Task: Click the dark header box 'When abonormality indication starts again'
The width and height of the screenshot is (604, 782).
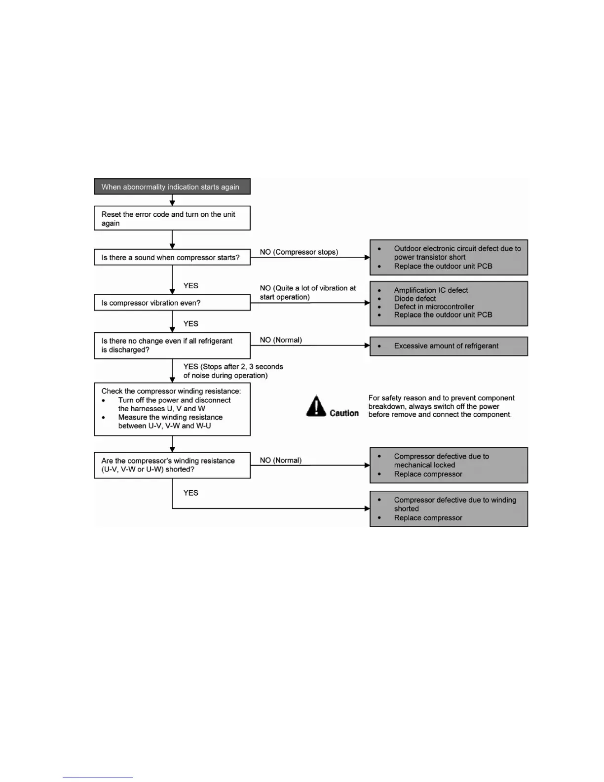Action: (172, 187)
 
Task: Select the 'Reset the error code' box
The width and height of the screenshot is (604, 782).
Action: (172, 218)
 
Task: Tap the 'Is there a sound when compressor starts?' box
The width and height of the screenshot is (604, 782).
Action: (172, 257)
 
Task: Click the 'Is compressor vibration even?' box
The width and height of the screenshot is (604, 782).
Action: (172, 303)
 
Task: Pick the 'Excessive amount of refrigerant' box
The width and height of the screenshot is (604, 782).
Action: (449, 346)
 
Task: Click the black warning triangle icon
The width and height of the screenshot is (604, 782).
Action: (316, 406)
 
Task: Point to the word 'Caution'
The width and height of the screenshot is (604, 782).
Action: (344, 413)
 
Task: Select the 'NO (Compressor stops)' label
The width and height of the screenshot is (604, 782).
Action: (299, 252)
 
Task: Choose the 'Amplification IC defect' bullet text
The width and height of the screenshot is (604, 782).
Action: (431, 290)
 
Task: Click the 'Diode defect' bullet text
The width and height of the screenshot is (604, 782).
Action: (415, 299)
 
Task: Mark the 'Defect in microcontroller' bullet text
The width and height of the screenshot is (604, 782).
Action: (434, 307)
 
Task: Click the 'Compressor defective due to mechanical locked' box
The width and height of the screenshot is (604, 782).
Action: (449, 465)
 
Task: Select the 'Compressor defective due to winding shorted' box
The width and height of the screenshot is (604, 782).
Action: (449, 508)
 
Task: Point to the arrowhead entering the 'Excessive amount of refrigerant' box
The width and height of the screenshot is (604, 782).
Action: (367, 346)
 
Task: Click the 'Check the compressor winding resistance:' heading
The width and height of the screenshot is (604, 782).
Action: (171, 391)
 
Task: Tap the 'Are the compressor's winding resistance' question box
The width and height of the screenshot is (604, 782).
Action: (172, 465)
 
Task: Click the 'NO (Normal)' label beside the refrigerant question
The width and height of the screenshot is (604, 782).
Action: (281, 340)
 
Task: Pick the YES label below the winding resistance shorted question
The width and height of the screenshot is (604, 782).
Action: (191, 493)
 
